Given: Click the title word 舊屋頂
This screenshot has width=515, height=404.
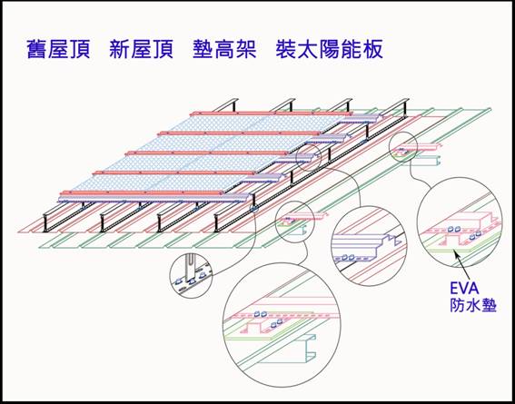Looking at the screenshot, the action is pyautogui.click(x=58, y=50).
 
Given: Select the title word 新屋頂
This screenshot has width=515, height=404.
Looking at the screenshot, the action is pyautogui.click(x=141, y=50).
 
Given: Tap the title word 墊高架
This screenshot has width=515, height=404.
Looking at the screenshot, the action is pyautogui.click(x=224, y=50).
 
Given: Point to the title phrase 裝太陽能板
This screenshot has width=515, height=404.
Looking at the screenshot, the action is pyautogui.click(x=329, y=50).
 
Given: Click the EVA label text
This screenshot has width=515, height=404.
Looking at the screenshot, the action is pyautogui.click(x=465, y=289).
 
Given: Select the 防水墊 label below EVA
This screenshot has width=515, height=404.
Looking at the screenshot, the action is pyautogui.click(x=473, y=306).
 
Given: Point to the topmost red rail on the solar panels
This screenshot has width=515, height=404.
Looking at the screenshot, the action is pyautogui.click(x=271, y=113).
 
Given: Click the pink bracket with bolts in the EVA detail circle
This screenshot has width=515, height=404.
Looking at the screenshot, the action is pyautogui.click(x=460, y=230).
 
